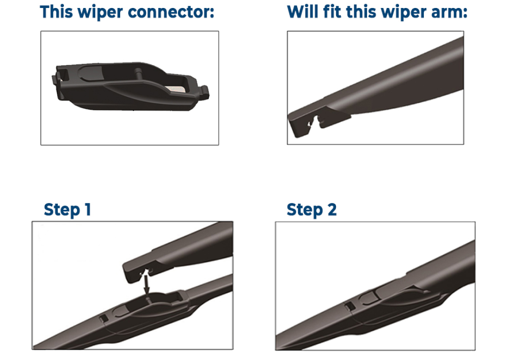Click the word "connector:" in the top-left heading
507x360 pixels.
171,12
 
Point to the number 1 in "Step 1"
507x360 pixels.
88,209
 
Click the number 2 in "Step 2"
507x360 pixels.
332,209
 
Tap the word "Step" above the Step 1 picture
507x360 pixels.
62,210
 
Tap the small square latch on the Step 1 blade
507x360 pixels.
103,318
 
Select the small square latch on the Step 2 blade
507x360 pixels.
349,306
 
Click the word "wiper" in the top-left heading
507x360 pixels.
100,13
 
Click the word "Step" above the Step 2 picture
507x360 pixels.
305,210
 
